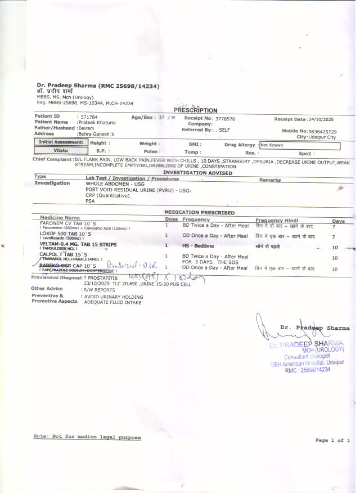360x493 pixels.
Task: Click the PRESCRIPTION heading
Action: click(x=196, y=110)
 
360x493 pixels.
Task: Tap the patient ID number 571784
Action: click(x=89, y=116)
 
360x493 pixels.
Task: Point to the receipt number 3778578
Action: click(x=224, y=119)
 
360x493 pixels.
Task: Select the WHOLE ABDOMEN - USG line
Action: click(x=115, y=183)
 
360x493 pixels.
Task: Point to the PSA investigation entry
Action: click(x=90, y=200)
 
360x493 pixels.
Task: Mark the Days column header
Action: click(x=338, y=221)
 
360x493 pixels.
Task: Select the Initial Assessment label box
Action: click(x=61, y=143)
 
